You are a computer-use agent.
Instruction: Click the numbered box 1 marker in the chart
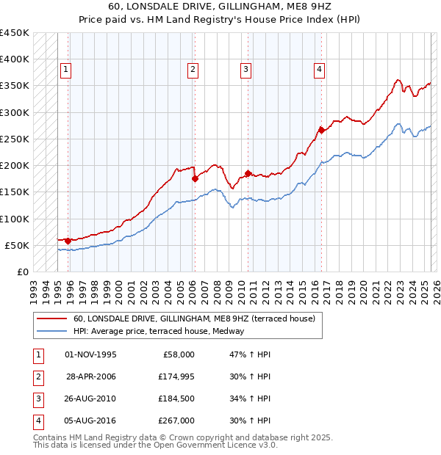click(x=65, y=70)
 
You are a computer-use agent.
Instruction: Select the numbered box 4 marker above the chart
click(x=320, y=70)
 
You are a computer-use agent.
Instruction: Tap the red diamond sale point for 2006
click(x=195, y=178)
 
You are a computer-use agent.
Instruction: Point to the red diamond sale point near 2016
click(x=321, y=130)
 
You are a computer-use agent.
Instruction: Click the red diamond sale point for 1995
click(x=68, y=241)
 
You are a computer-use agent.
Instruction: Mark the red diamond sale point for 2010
click(x=248, y=173)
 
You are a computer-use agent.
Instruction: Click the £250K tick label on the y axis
click(x=15, y=139)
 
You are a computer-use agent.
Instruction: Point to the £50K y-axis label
click(x=18, y=245)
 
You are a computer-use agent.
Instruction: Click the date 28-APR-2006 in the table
click(x=91, y=376)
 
